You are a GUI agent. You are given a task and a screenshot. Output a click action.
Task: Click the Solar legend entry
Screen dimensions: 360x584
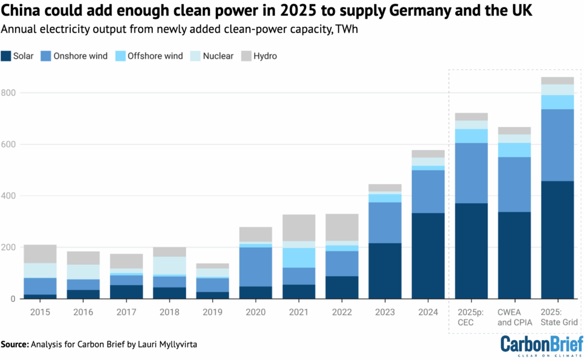pos(18,56)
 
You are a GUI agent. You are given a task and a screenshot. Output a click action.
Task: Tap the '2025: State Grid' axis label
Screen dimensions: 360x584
pos(557,317)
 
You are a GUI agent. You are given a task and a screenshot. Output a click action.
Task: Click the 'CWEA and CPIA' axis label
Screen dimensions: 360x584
pos(514,317)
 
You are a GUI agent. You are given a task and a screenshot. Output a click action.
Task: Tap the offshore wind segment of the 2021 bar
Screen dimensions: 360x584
pos(298,257)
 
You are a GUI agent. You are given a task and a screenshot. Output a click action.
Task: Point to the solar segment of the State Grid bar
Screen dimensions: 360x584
pos(557,240)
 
